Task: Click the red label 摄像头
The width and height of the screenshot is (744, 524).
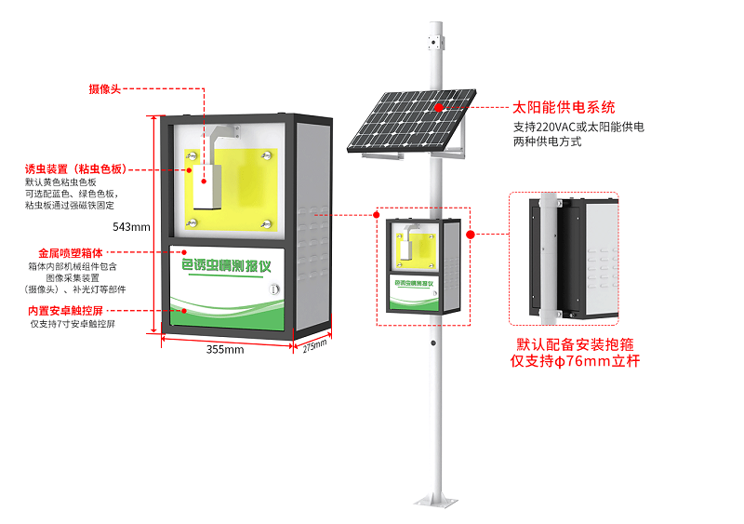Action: pyautogui.click(x=105, y=88)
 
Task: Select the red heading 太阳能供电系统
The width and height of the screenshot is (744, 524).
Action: pyautogui.click(x=564, y=108)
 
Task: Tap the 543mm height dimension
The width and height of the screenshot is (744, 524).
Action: pyautogui.click(x=131, y=227)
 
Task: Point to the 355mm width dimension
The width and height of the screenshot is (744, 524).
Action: pyautogui.click(x=224, y=350)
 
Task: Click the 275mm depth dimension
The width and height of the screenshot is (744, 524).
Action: pyautogui.click(x=315, y=345)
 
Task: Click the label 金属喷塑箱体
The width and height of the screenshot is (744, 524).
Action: pyautogui.click(x=70, y=252)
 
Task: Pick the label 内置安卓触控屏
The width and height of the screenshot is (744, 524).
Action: pyautogui.click(x=65, y=310)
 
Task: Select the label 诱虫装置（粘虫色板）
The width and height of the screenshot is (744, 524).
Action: pyautogui.click(x=75, y=169)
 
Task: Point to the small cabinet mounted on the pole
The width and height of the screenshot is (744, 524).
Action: pyautogui.click(x=423, y=264)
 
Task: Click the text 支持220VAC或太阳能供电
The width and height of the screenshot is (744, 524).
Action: pyautogui.click(x=578, y=127)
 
